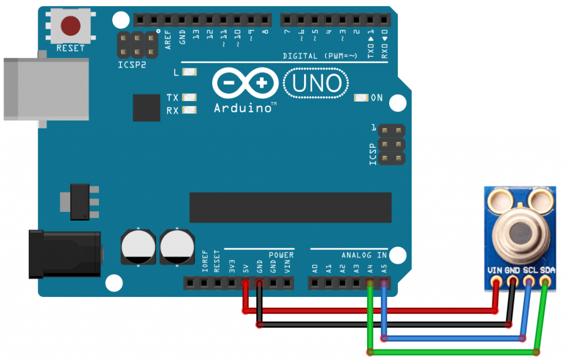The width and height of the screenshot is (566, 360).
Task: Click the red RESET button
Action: click(x=71, y=25)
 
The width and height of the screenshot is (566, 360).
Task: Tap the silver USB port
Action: click(x=44, y=88)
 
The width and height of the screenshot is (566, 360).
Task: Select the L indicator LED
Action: click(x=190, y=72)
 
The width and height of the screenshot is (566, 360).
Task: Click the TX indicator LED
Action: click(x=190, y=97)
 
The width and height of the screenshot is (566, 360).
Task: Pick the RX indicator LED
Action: click(x=190, y=110)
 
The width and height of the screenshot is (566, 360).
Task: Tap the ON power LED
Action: click(x=361, y=98)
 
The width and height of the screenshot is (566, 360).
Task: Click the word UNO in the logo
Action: click(x=316, y=84)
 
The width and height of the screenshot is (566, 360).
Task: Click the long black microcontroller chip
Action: click(x=290, y=207)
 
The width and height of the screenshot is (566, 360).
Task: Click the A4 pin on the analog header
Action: click(x=370, y=284)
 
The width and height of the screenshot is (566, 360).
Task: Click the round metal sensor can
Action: click(x=520, y=232)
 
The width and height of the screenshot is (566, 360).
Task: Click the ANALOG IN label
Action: click(x=364, y=255)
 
